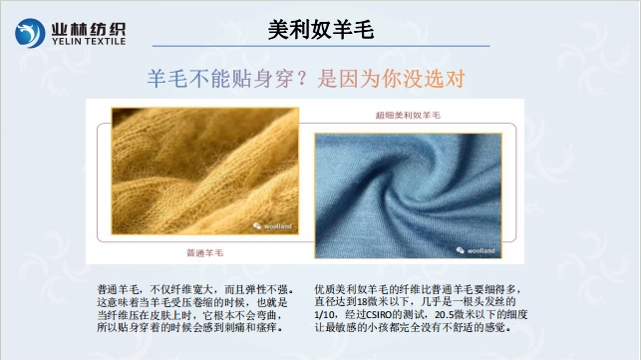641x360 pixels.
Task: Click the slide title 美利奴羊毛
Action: pos(321,29)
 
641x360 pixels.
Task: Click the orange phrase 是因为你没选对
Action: pos(392,78)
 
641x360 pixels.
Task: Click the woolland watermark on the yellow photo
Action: pos(269,226)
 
